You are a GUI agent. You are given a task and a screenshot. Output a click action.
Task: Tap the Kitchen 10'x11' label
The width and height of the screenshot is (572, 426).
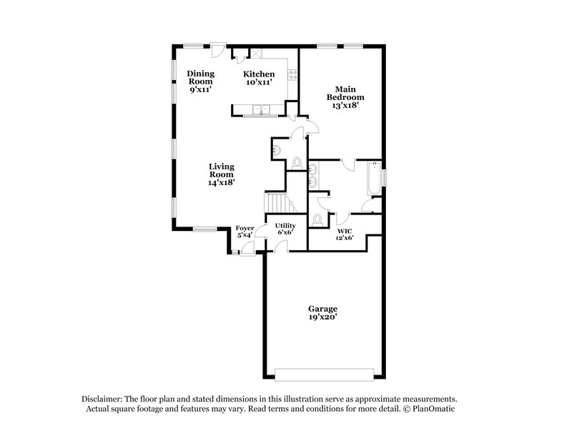(x=258, y=79)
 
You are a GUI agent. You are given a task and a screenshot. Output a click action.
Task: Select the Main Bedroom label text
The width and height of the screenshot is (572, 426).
(x=345, y=96)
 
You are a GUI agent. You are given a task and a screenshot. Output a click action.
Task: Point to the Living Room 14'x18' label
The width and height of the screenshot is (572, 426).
(x=222, y=174)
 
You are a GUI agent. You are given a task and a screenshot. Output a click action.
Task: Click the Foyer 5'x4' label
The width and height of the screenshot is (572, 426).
(x=244, y=232)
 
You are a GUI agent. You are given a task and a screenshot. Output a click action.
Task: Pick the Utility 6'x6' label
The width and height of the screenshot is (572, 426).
(x=285, y=229)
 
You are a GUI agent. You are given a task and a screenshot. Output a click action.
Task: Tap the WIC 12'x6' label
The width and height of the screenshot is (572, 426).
(x=345, y=234)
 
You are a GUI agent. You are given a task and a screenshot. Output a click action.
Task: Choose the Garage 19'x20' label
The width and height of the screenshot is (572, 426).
(x=323, y=312)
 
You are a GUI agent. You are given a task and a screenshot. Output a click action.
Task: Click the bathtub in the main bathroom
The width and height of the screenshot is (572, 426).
(x=373, y=179)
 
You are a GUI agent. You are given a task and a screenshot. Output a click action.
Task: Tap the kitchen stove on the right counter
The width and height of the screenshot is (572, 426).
(x=292, y=73)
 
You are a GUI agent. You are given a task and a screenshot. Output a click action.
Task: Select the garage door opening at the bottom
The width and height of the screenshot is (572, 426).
(x=323, y=375)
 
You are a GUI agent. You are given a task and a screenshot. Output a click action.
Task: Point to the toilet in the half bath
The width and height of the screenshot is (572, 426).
(x=297, y=162)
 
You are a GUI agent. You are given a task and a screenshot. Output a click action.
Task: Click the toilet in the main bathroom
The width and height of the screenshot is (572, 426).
(x=317, y=218)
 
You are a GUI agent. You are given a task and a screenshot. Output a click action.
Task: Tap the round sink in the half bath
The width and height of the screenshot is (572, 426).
(x=276, y=149)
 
